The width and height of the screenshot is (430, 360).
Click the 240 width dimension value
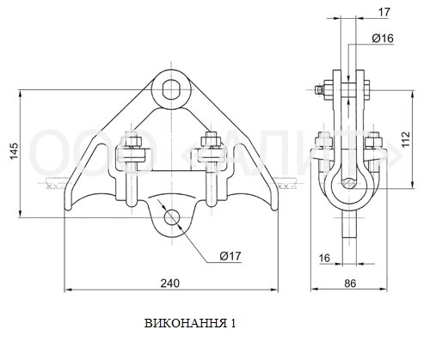[170, 283]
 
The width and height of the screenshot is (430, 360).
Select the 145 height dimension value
[14, 150]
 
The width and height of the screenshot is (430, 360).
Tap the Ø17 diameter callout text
[230, 256]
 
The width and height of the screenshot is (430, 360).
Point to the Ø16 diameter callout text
[383, 38]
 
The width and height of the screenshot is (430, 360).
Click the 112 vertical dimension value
[406, 139]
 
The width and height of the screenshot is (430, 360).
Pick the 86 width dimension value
[350, 284]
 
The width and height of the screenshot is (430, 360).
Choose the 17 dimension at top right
[384, 12]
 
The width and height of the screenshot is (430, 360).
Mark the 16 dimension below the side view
[324, 258]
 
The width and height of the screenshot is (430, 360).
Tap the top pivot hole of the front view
[171, 89]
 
